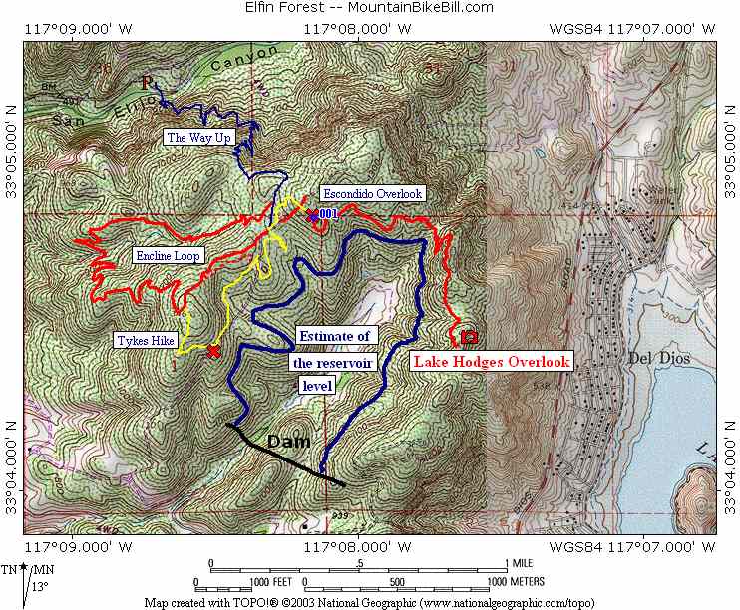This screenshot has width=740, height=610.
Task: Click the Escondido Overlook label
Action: (x=371, y=193)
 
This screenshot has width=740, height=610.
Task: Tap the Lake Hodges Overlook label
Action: (x=491, y=362)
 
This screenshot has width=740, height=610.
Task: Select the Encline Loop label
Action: (x=169, y=256)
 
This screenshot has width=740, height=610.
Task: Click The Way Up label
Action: (x=198, y=138)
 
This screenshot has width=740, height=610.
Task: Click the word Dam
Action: (x=288, y=441)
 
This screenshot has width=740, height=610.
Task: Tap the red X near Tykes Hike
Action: (x=212, y=351)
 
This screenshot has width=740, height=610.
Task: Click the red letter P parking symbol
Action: (x=148, y=83)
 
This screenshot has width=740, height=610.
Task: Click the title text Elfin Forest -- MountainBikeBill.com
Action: (x=369, y=7)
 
